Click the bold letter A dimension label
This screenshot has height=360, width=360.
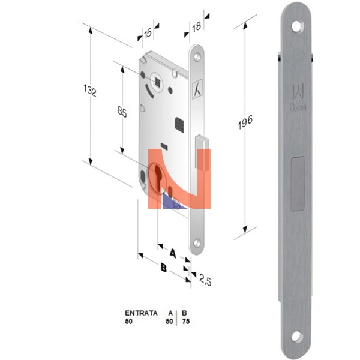(173, 254)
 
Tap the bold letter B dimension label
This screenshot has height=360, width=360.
(163, 268)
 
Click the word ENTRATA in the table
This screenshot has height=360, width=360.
(141, 313)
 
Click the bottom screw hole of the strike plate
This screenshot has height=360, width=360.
(298, 336)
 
